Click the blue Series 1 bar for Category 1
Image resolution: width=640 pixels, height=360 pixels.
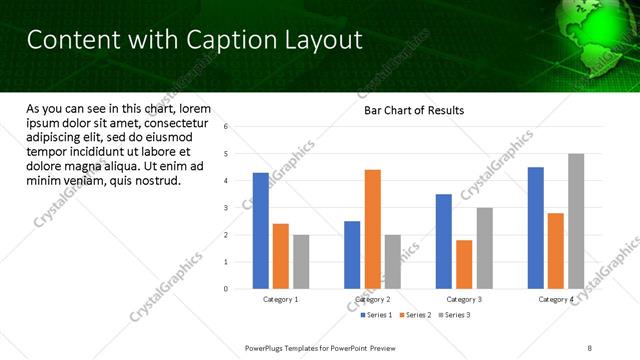(x=260, y=231)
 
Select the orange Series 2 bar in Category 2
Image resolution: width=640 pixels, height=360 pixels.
(x=372, y=229)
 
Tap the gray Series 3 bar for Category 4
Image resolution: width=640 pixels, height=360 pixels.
(x=576, y=221)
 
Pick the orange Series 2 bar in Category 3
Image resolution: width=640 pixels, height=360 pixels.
(x=464, y=264)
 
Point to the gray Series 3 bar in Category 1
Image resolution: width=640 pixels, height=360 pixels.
(x=301, y=262)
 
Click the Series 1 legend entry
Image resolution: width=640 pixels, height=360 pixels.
(x=375, y=315)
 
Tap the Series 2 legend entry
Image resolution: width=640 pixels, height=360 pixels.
(x=413, y=315)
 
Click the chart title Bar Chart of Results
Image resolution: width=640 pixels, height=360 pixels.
(x=413, y=110)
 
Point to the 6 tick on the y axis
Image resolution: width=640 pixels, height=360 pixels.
(x=226, y=127)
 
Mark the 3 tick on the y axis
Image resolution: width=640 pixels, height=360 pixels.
(x=226, y=208)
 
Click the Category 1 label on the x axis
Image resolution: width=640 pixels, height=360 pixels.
(x=281, y=299)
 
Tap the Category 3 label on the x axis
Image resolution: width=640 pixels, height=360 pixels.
(x=464, y=299)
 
